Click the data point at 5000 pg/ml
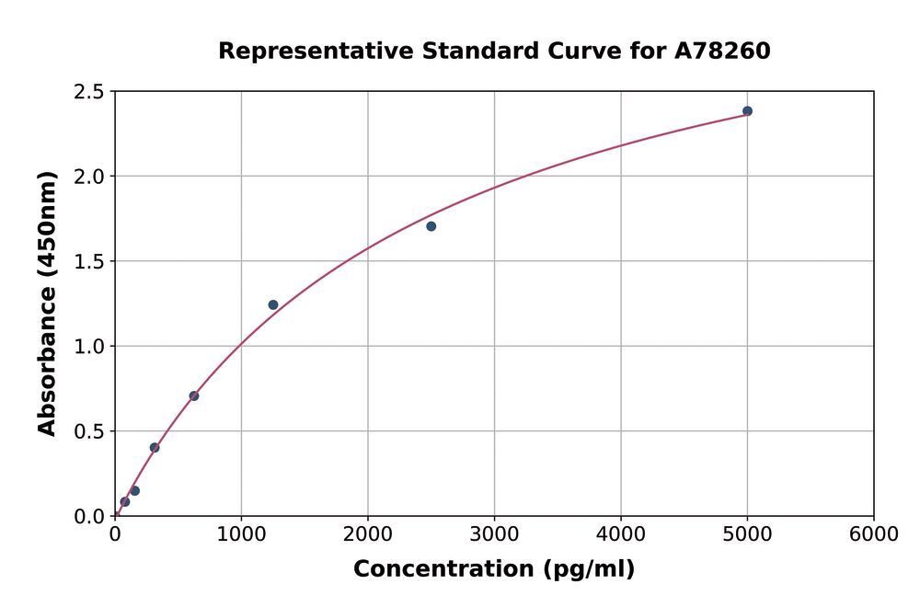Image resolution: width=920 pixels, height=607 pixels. click(747, 111)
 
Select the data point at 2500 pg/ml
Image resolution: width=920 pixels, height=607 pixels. click(431, 226)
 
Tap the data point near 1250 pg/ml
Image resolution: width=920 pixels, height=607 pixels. click(273, 305)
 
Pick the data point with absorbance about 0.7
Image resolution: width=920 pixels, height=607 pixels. click(194, 395)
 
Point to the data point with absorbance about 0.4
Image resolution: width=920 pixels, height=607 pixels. click(155, 448)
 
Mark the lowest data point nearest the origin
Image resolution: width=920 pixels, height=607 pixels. click(125, 501)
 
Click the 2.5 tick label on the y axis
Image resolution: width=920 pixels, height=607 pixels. click(88, 91)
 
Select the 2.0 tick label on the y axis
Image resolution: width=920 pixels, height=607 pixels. click(88, 177)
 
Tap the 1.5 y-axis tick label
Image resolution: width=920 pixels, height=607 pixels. click(88, 261)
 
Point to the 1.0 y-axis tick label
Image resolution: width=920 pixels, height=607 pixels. click(88, 347)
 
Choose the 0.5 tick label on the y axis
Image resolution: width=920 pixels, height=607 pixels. click(88, 431)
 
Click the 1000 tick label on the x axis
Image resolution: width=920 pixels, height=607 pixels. click(241, 534)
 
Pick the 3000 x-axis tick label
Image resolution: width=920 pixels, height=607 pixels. click(494, 534)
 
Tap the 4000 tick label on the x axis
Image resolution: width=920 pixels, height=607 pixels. click(621, 534)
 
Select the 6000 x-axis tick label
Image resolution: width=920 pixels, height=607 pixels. click(874, 534)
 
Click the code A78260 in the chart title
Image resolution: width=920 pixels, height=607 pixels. click(722, 51)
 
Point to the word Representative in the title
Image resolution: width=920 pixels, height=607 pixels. click(316, 52)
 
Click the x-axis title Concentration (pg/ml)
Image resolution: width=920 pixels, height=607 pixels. click(494, 569)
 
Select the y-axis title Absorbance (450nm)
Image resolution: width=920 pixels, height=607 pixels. click(47, 303)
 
